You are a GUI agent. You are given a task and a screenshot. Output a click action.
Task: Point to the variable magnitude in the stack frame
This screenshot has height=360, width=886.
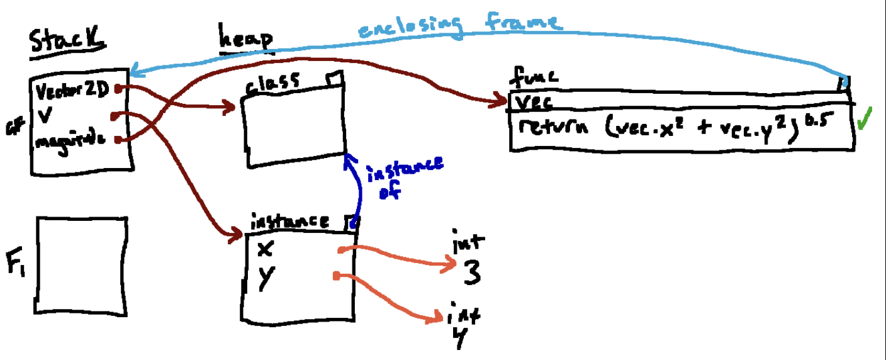coord(70,141)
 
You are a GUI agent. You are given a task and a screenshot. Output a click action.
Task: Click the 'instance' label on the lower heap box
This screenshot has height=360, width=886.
coord(289,222)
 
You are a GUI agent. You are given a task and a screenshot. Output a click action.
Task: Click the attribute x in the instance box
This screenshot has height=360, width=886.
coord(266,249)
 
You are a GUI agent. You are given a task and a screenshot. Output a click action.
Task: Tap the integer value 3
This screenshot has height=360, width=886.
coord(471,273)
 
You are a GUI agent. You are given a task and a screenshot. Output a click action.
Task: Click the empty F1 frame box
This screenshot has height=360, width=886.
coord(82,264)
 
